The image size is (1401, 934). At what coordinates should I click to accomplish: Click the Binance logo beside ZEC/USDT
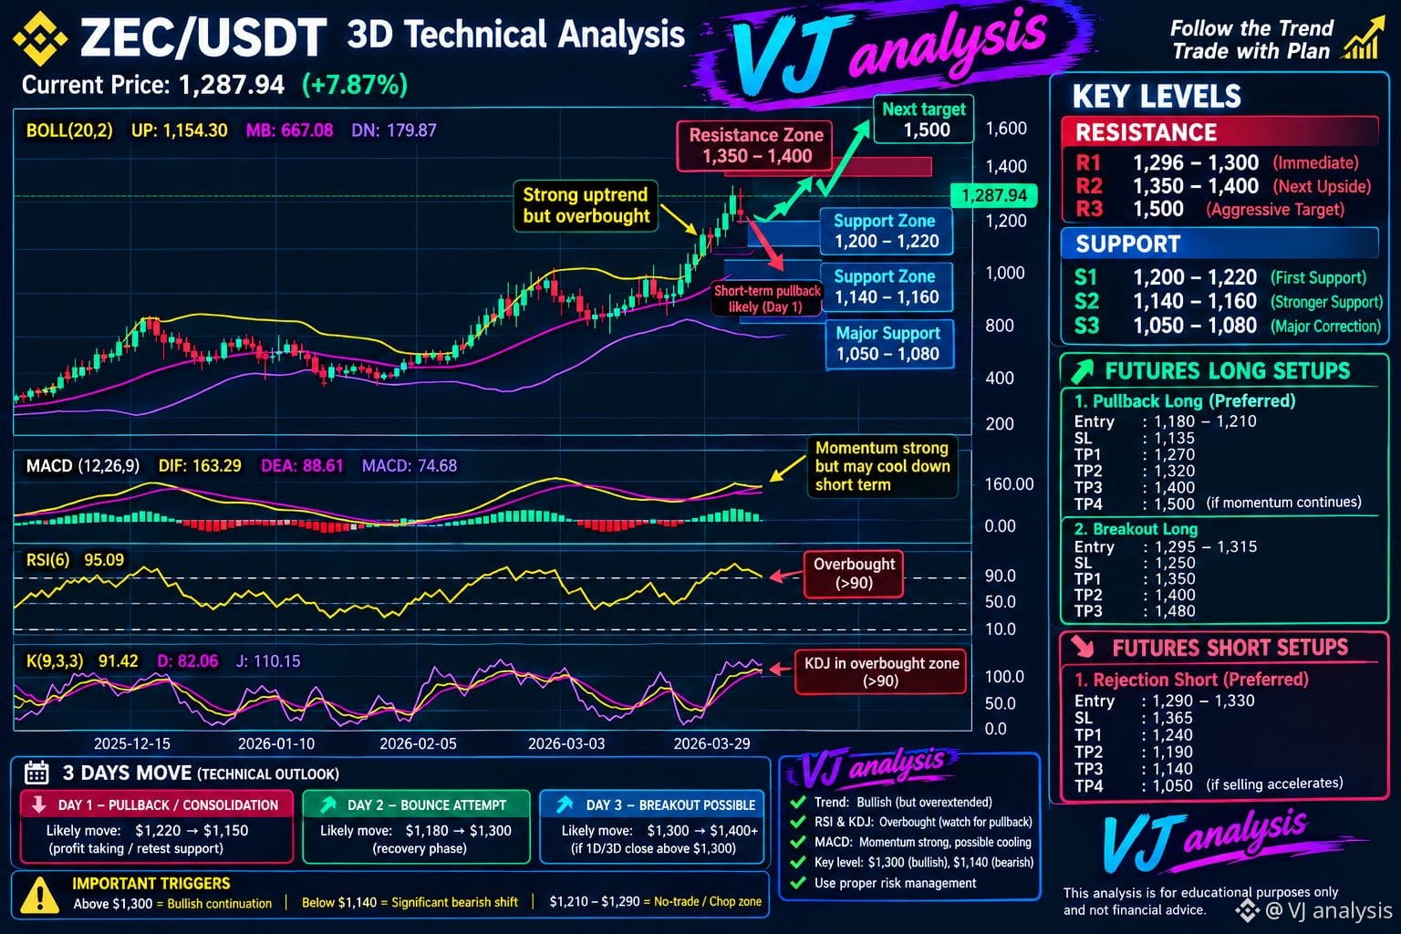click(41, 38)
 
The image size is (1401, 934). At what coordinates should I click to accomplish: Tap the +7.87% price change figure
click(355, 85)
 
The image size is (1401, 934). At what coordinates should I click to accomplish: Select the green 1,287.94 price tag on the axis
click(993, 195)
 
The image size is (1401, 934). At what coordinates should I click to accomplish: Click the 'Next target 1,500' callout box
click(924, 119)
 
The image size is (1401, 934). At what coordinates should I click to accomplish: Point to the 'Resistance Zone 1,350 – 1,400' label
click(755, 146)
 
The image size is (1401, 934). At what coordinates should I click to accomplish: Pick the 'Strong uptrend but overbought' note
click(586, 206)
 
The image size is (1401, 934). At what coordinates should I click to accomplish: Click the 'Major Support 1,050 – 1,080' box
click(888, 344)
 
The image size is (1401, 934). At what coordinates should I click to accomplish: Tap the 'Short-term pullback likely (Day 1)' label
click(767, 298)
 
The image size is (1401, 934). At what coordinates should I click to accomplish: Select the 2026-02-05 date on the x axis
click(418, 743)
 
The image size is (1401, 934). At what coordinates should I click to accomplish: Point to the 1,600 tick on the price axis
click(1006, 129)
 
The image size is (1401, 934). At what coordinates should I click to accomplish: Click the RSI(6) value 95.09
click(104, 559)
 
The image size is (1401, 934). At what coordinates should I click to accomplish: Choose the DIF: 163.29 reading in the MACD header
click(200, 465)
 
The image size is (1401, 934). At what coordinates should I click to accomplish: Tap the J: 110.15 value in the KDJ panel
click(267, 661)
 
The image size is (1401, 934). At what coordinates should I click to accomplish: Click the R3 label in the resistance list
click(1089, 209)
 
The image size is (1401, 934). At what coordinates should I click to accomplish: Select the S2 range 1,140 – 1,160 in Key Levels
click(1195, 302)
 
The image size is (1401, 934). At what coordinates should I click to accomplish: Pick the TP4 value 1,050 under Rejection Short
click(1173, 785)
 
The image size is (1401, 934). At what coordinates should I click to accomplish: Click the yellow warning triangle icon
click(40, 895)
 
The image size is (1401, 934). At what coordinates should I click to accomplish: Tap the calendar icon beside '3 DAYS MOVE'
click(36, 773)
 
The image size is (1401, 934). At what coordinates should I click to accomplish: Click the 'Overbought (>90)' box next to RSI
click(854, 574)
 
